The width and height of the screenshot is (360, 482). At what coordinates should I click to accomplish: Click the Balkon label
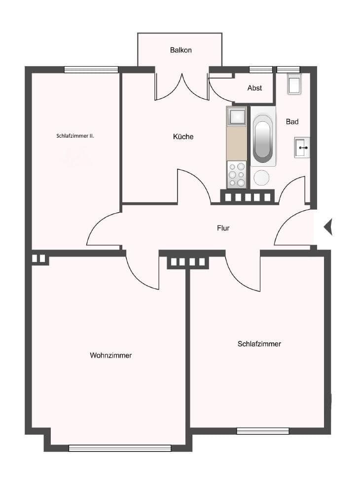click(x=180, y=50)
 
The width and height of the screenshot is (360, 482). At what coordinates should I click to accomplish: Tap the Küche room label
click(x=183, y=137)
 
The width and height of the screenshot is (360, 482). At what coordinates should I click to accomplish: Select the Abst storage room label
click(x=254, y=88)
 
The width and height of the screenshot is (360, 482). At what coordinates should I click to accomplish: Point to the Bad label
click(x=292, y=121)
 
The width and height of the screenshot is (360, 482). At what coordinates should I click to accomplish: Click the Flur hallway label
click(x=223, y=228)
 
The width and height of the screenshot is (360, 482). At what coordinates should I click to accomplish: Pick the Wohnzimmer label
click(x=110, y=355)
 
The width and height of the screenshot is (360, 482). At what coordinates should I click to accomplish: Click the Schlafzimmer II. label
click(x=75, y=135)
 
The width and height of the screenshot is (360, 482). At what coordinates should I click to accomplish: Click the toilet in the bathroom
click(x=294, y=85)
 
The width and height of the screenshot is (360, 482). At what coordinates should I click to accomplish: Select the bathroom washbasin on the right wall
click(x=302, y=147)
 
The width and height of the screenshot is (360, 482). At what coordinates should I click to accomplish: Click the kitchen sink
click(x=236, y=117)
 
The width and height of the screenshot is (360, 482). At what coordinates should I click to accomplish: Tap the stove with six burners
click(x=236, y=175)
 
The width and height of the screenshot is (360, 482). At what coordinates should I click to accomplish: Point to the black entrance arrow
click(x=328, y=226)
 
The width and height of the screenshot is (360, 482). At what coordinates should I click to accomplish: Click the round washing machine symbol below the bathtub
click(x=261, y=178)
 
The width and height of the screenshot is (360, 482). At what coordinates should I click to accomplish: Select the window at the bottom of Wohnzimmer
click(x=120, y=448)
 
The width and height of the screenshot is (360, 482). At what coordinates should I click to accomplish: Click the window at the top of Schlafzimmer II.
click(x=91, y=70)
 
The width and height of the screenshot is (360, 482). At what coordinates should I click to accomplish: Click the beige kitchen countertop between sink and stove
click(x=236, y=144)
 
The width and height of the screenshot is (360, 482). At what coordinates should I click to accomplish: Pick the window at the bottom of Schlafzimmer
click(x=262, y=431)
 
